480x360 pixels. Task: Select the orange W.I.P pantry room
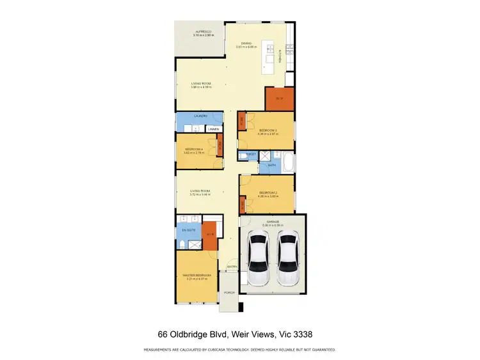pos(280,98)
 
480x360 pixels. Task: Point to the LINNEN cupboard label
pos(214,130)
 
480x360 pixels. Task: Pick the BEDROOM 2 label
pos(268,192)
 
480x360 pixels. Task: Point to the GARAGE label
pos(273,222)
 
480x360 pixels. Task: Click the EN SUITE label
pos(189,228)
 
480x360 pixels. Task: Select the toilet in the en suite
pos(183,245)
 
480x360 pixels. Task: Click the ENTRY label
pos(232,267)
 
